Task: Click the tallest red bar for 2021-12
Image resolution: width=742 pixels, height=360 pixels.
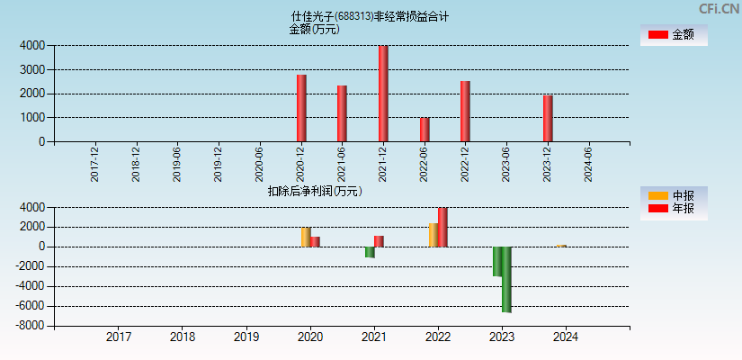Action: [383, 94]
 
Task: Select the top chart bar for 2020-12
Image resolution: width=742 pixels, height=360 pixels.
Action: [301, 108]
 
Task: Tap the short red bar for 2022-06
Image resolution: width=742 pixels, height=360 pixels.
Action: [425, 130]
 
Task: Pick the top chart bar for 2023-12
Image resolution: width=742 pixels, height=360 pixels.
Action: [548, 118]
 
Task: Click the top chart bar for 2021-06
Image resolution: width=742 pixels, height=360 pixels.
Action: [342, 113]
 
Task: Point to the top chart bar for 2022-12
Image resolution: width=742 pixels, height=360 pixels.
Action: [465, 111]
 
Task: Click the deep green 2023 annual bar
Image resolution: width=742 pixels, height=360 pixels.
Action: [506, 279]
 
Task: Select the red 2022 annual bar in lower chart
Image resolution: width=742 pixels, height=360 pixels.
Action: [443, 228]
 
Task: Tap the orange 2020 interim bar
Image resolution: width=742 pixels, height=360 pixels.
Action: [306, 237]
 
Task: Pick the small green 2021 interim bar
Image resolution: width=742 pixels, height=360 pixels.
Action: [370, 252]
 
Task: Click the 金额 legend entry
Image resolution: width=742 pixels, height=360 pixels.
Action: [674, 34]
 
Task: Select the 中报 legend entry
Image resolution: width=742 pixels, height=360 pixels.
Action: [674, 195]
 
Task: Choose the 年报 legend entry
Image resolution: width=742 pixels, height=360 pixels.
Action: [674, 209]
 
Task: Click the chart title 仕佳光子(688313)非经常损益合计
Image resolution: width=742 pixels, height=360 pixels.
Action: [370, 16]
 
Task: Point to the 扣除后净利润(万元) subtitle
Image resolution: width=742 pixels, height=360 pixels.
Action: [315, 191]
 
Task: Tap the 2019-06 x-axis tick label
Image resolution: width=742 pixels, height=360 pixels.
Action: [177, 165]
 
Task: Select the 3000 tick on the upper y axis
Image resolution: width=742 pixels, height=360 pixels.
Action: [31, 69]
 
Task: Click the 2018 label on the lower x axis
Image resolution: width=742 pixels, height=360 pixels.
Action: [183, 337]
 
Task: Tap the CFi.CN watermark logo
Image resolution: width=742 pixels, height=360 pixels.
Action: [719, 9]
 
